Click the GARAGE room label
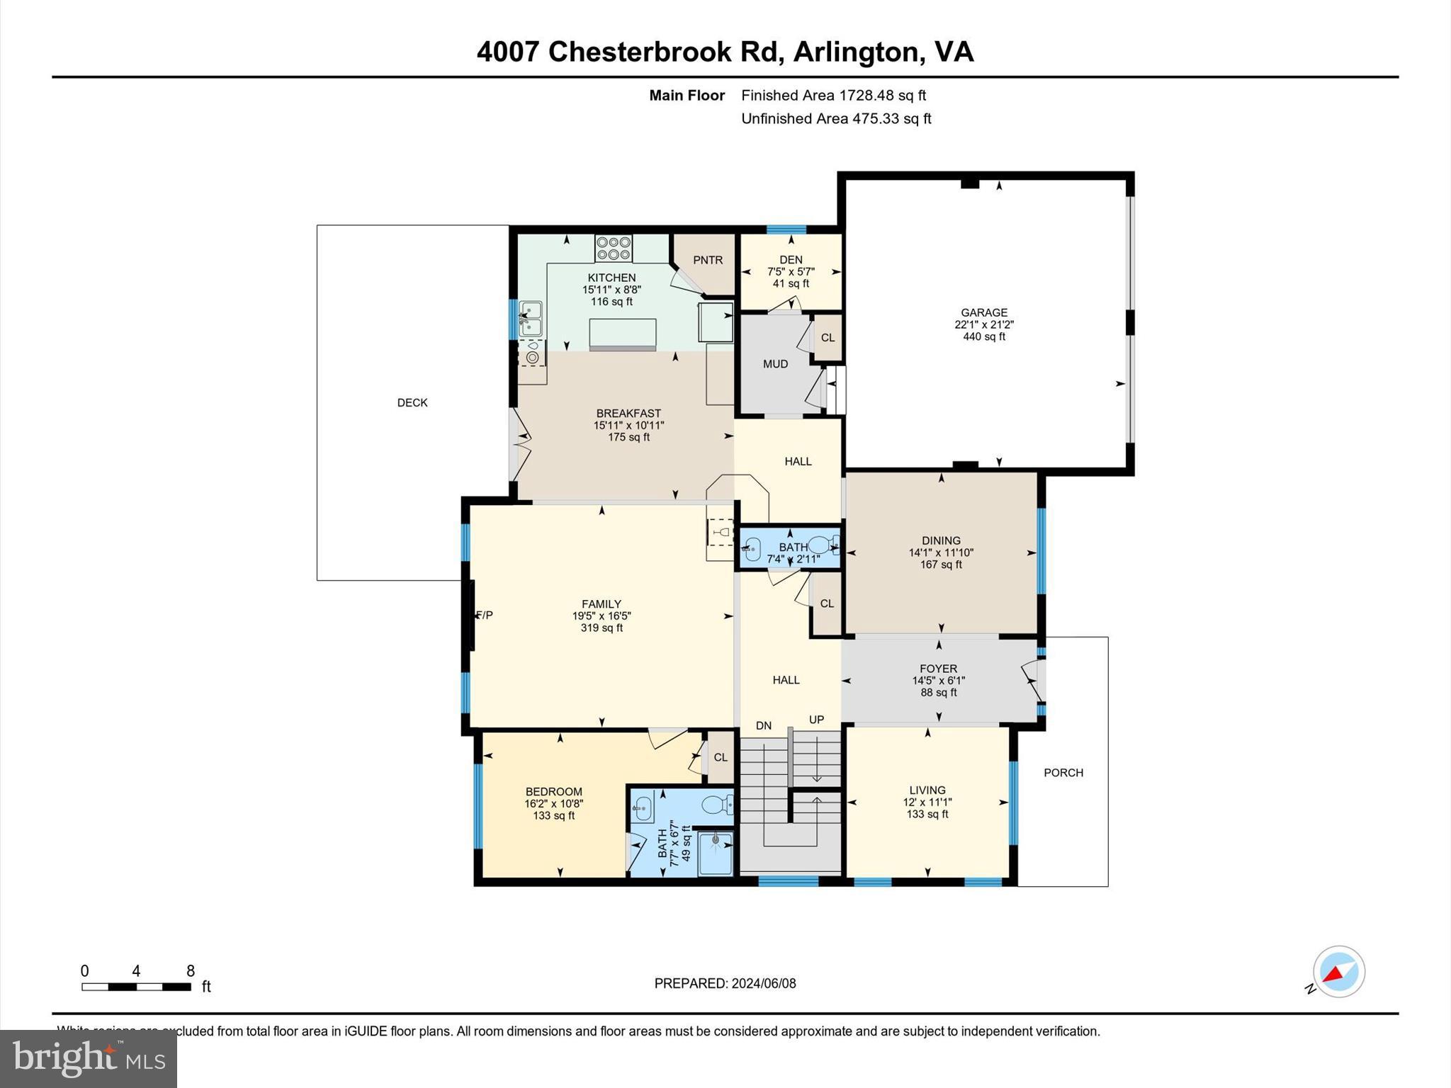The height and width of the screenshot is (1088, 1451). pos(983,312)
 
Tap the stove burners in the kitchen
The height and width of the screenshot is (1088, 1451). pos(614,249)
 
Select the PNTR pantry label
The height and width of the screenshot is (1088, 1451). pos(707,260)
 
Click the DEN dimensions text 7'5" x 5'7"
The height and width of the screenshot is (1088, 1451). pos(791,272)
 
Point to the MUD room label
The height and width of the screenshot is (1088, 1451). pos(775,364)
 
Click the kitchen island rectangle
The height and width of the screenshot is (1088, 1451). pos(623,334)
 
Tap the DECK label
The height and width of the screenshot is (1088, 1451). pos(412,403)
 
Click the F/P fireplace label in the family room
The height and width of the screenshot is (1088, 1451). pos(485,616)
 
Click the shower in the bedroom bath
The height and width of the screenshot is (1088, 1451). pos(715,854)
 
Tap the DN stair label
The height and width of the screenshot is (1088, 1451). pos(763,726)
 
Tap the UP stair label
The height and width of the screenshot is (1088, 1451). pos(816,720)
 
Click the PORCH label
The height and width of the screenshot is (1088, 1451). pos(1063,773)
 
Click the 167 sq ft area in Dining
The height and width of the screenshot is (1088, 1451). pos(941,565)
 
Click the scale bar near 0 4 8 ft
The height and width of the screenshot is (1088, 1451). pos(136,987)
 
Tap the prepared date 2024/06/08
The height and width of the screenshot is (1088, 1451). pos(763,983)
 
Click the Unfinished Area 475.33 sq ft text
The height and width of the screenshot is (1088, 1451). pos(836,119)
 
